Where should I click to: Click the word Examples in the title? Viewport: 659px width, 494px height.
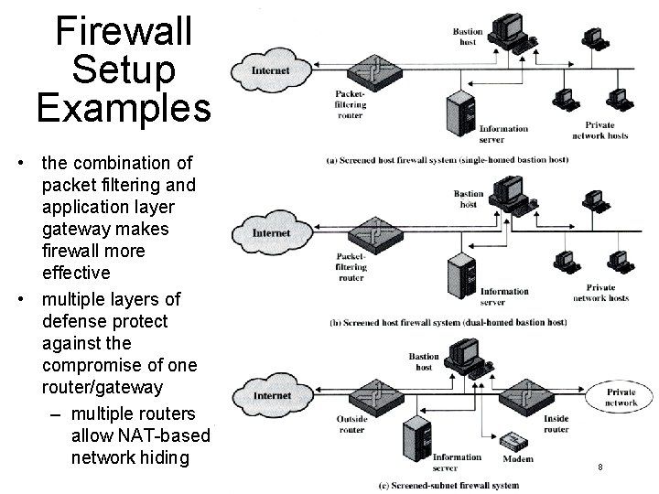(x=124, y=107)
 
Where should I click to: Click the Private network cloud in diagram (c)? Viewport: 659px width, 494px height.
(x=621, y=397)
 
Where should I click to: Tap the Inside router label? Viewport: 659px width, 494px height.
(x=556, y=424)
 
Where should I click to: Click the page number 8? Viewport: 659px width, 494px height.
(x=600, y=467)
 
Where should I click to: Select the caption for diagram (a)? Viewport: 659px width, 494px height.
(x=447, y=160)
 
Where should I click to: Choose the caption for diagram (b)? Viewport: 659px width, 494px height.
(x=447, y=323)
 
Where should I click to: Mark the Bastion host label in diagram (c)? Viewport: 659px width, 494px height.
(x=424, y=361)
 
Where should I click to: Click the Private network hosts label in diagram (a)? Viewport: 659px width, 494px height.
(x=600, y=131)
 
